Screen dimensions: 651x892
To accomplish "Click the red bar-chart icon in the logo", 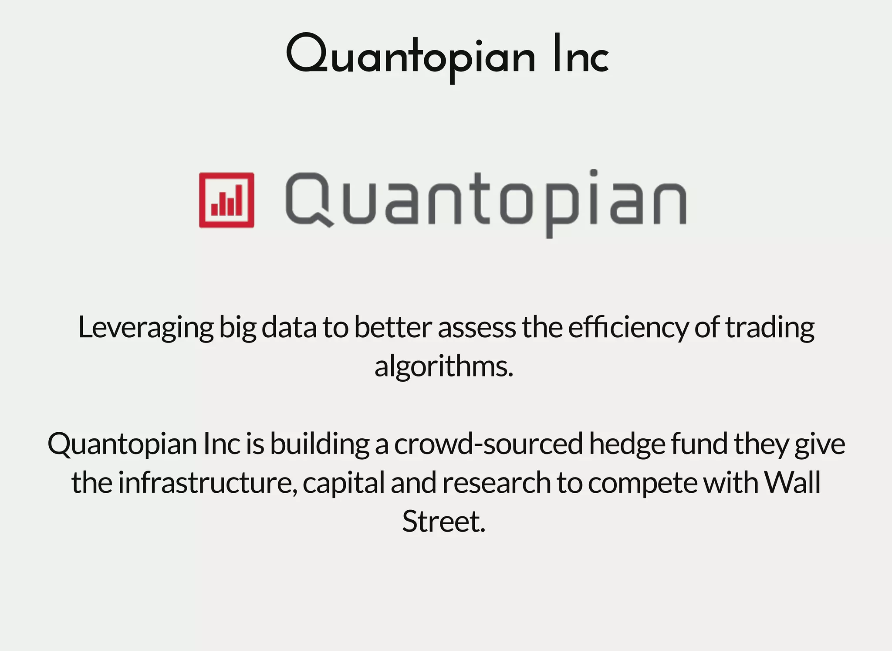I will coord(226,200).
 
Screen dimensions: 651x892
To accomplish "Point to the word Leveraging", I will coord(146,328).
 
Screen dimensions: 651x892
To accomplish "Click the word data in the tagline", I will coord(289,328).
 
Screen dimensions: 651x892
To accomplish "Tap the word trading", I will coord(770,328).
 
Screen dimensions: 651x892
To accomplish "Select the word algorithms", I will coord(443,366).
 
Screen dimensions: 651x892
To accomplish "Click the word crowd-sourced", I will coord(488,444).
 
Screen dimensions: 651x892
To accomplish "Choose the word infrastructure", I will coord(207,482).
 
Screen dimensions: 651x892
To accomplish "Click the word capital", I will coord(344,483).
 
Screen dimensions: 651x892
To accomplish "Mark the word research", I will coord(497,482).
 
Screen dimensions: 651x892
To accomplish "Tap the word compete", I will coord(642,483).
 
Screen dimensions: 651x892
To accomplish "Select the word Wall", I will coord(792,482).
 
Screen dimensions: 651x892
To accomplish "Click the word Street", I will coord(443,521).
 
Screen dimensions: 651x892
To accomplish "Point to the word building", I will coord(319,444).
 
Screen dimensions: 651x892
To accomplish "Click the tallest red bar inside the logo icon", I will coord(239,200).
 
